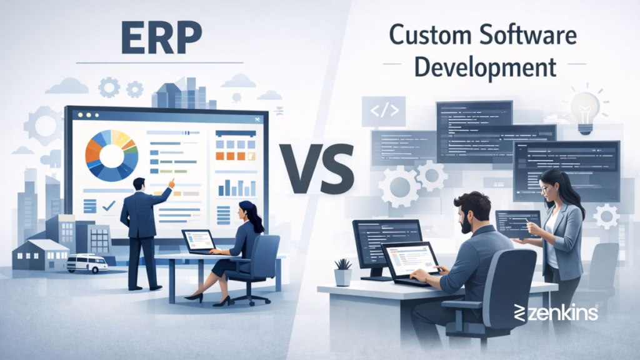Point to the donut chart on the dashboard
tap(111, 155)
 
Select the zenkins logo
tap(556, 312)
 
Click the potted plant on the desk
tap(343, 273)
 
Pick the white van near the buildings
tap(87, 262)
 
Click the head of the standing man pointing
tap(139, 184)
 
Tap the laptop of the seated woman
tap(199, 241)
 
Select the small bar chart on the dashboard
tap(236, 187)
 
